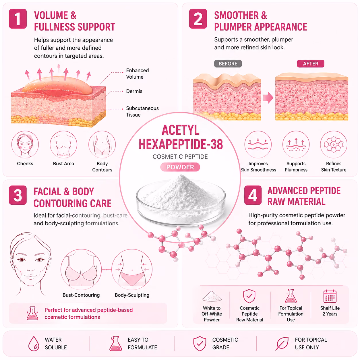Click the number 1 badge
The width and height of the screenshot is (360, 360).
(18, 19)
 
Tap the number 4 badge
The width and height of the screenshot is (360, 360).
(253, 195)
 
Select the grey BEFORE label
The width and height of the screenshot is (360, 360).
(228, 63)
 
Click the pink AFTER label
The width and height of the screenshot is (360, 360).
(310, 63)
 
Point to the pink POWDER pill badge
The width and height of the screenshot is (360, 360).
(180, 167)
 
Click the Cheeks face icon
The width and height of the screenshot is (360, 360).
(25, 144)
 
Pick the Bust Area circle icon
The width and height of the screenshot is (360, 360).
(63, 144)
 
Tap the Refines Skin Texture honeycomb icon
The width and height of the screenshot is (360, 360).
(334, 144)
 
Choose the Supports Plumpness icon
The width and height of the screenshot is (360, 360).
(296, 144)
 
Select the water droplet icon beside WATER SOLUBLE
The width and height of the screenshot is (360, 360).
(34, 343)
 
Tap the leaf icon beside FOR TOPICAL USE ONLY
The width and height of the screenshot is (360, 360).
(282, 343)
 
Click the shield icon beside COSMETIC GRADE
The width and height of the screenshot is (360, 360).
(200, 343)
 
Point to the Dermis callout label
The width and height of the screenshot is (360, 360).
(134, 91)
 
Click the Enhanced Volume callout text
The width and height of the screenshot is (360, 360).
(138, 73)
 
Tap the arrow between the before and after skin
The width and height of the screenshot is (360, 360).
(268, 98)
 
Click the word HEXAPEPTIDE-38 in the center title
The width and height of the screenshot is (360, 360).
(181, 144)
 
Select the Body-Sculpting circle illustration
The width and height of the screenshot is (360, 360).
(132, 269)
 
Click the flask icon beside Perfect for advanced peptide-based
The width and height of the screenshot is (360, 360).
(32, 313)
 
